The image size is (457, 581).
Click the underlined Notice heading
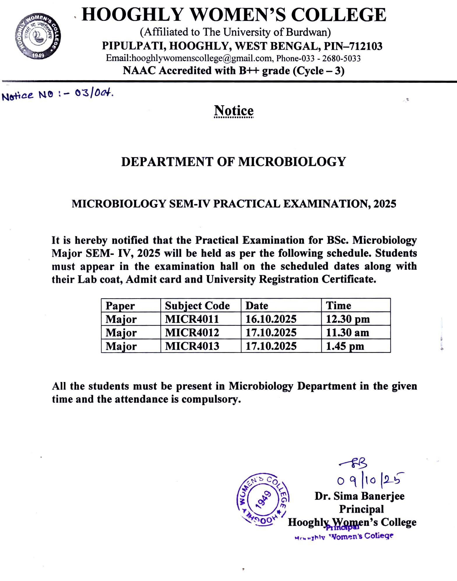[234, 111]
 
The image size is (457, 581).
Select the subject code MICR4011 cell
[192, 319]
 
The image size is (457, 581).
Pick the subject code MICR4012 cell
[192, 332]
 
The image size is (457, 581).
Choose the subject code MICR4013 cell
[192, 346]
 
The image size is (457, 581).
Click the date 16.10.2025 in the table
[271, 319]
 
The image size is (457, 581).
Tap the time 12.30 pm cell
[348, 319]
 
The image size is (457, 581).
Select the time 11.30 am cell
[347, 332]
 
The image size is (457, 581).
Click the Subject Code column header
[197, 305]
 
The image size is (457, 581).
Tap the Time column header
[338, 305]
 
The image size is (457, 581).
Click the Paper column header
[120, 305]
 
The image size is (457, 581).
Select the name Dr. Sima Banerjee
[359, 496]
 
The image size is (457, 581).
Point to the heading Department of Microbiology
[233, 162]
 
